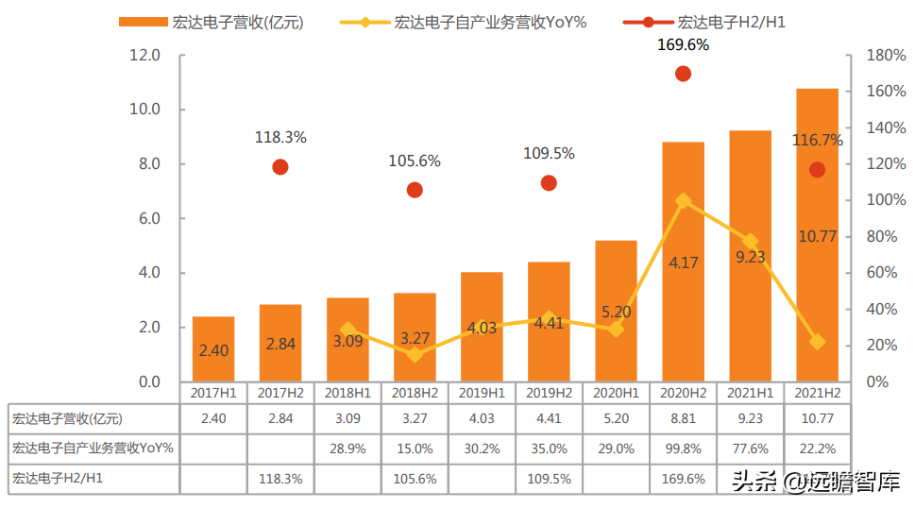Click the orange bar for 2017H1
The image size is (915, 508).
coord(213,349)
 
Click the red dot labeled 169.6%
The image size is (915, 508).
coord(683,74)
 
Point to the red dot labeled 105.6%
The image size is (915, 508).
coord(415,190)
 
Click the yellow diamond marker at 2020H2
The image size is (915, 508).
coord(683,201)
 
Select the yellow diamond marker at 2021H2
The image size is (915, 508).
coord(817,342)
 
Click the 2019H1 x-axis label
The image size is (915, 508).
coord(482,392)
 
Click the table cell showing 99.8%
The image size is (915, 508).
coord(683,449)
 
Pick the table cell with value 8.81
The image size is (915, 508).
coord(683,418)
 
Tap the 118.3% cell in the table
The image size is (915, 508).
coord(280,479)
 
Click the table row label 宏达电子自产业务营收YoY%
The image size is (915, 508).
coord(93,449)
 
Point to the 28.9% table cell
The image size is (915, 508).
coord(347,449)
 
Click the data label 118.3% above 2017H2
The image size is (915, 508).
coord(280,138)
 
